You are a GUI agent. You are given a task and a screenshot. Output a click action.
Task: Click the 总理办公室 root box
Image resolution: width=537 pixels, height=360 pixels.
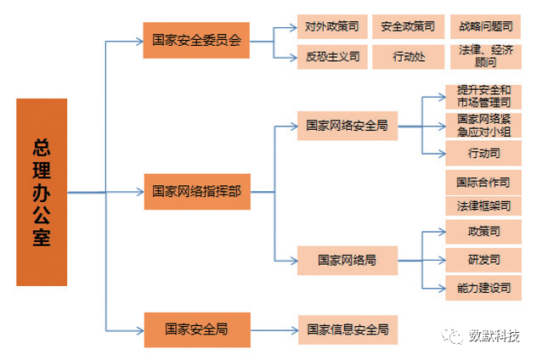[x=42, y=191]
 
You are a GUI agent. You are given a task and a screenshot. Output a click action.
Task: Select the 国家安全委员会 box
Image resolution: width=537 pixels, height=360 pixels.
[x=195, y=40]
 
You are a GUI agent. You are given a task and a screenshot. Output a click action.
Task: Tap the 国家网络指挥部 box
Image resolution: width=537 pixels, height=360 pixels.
[x=195, y=191]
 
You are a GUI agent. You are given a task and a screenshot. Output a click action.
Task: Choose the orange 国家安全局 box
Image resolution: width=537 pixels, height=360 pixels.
[x=195, y=329]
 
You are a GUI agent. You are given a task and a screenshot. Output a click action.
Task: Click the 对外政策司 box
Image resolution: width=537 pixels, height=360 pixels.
[x=331, y=27]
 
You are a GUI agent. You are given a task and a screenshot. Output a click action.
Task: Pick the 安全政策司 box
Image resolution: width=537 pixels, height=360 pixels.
[x=410, y=27]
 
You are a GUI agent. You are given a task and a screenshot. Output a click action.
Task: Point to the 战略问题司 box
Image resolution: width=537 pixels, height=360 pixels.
[x=484, y=27]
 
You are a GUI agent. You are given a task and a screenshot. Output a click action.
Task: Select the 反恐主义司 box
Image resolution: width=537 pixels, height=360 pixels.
[x=331, y=57]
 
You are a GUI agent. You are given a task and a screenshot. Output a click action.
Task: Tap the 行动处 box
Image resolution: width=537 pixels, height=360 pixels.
[x=410, y=57]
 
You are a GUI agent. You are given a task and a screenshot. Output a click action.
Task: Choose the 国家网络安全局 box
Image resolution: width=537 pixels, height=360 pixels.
[x=347, y=125]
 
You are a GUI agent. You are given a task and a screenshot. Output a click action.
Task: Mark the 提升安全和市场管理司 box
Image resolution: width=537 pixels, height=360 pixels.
[x=483, y=96]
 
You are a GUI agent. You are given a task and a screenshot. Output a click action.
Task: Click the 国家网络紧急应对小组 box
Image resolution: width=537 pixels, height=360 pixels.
[x=483, y=125]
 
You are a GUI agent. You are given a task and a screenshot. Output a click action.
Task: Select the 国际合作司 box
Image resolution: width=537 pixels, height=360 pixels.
[x=483, y=182]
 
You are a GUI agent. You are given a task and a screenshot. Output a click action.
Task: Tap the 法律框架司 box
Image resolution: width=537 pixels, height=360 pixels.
[x=483, y=205]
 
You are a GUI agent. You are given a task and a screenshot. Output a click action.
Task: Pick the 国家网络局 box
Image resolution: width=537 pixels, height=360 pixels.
[x=347, y=258]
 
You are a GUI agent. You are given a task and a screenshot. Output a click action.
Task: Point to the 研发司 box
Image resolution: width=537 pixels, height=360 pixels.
[x=483, y=258]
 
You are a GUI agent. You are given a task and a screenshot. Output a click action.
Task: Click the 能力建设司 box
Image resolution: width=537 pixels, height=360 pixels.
[x=483, y=288]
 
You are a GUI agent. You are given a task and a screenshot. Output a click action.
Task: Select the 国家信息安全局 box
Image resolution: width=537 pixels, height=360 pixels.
[x=347, y=329]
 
